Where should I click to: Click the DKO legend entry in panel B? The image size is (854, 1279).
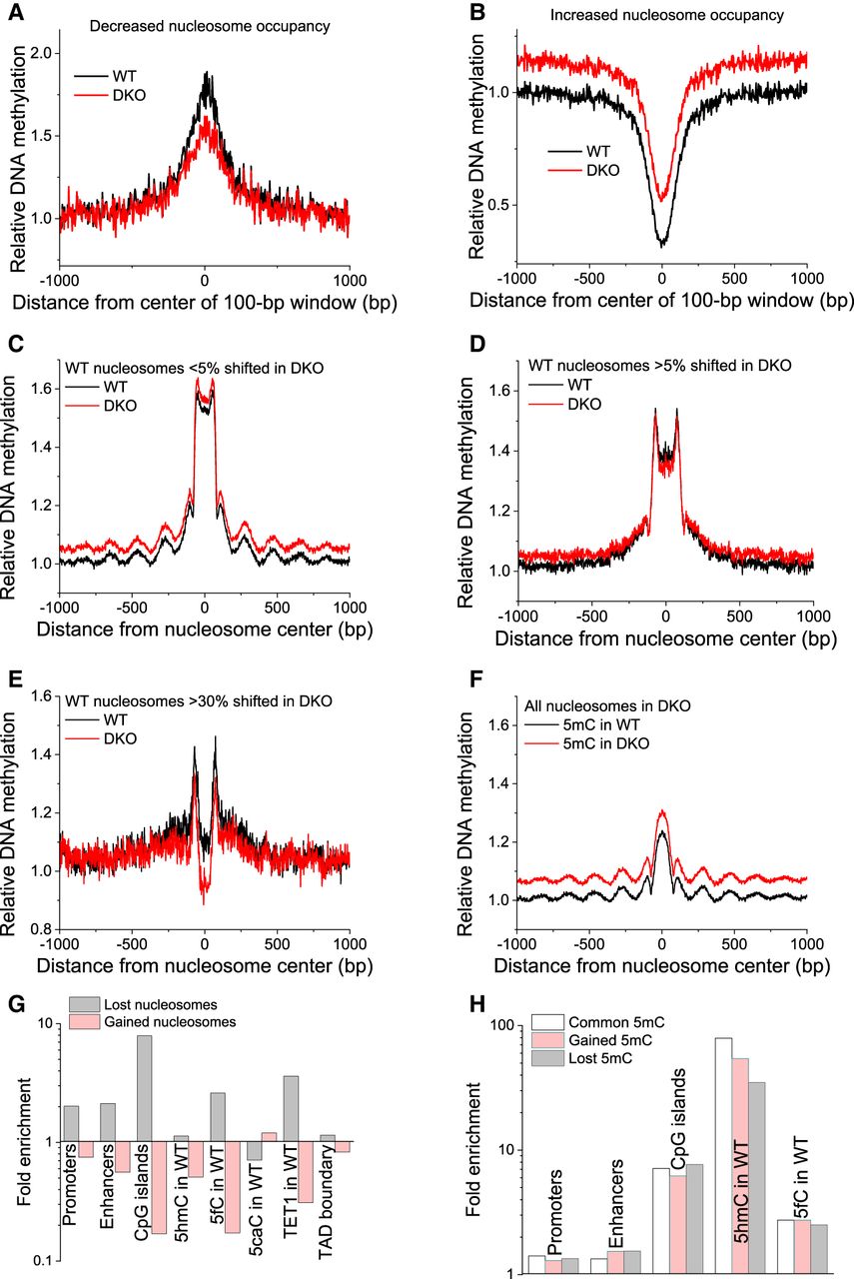point(602,170)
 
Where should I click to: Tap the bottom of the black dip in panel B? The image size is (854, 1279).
point(661,243)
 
